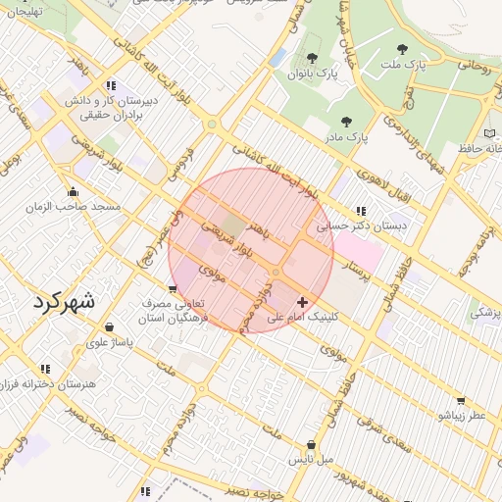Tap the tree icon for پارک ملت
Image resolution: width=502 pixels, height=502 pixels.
point(402,48)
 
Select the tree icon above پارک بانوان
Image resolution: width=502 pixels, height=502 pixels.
point(312,58)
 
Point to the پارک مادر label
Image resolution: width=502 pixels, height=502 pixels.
point(348,137)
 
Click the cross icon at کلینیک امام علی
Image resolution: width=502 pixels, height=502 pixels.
point(301,302)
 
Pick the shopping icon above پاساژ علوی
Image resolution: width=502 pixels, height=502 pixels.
point(108,327)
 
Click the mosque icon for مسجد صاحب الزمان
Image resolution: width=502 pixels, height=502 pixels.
point(73,191)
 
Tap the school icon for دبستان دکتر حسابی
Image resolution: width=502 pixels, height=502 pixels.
point(362,210)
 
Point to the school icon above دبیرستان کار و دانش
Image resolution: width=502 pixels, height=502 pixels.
point(112,84)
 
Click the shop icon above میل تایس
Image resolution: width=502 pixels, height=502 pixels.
point(311,442)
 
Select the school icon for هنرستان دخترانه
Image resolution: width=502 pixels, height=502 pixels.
point(46,369)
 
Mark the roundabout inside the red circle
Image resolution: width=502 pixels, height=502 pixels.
point(277,271)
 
